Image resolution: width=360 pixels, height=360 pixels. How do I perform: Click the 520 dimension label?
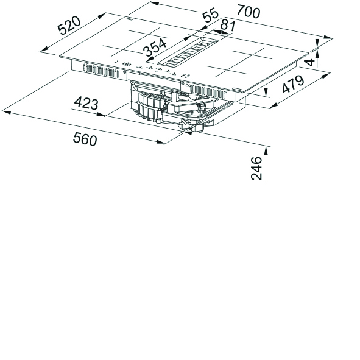(x=69, y=26)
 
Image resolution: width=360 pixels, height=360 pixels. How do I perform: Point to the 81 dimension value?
(x=228, y=26)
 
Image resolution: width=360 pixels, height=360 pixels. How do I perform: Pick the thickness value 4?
(x=311, y=62)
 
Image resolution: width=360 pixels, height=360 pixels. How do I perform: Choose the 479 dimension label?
(x=294, y=84)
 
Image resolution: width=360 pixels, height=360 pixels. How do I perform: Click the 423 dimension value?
(x=86, y=103)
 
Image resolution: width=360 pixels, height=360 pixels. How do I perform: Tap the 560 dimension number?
(x=85, y=139)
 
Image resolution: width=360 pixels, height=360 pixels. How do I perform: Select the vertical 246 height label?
(x=256, y=168)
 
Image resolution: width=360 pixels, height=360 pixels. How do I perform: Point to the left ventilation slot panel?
(x=101, y=70)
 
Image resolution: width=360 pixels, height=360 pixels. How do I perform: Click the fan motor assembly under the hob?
(x=174, y=106)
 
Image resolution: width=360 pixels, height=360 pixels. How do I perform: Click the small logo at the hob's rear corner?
(x=128, y=19)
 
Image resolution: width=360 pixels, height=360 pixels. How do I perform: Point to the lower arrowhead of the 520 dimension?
(x=44, y=49)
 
